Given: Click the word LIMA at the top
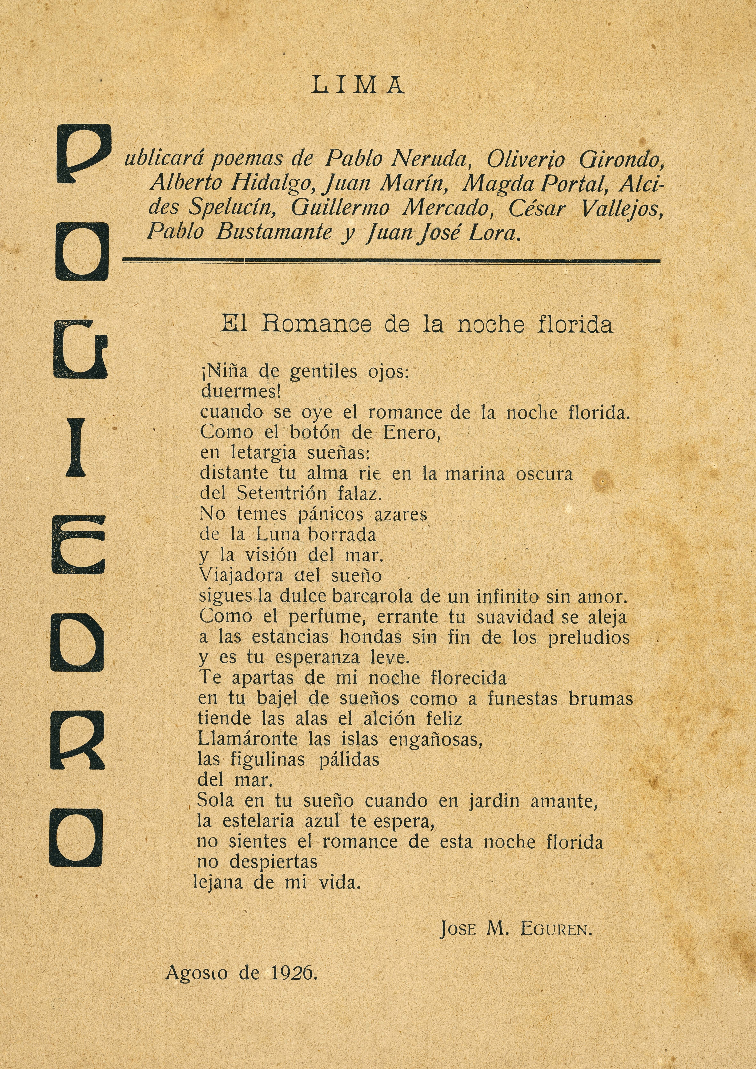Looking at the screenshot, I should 358,86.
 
